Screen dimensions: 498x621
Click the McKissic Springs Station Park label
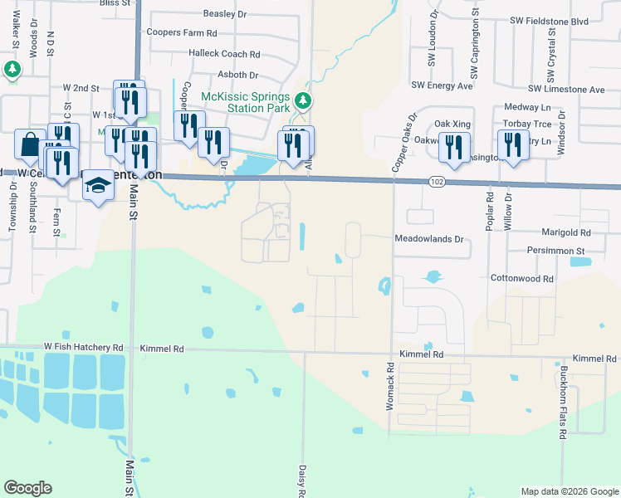click(x=245, y=102)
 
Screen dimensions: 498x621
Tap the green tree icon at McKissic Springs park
click(x=304, y=101)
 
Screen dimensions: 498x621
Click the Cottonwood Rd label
click(x=521, y=279)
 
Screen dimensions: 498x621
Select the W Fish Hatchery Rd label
click(x=84, y=349)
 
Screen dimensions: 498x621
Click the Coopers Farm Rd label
click(x=181, y=33)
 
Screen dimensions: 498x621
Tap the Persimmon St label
click(x=556, y=250)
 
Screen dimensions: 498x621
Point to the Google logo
click(x=27, y=488)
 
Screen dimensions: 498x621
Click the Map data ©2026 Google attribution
click(x=569, y=491)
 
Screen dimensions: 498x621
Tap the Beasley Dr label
click(x=225, y=14)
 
